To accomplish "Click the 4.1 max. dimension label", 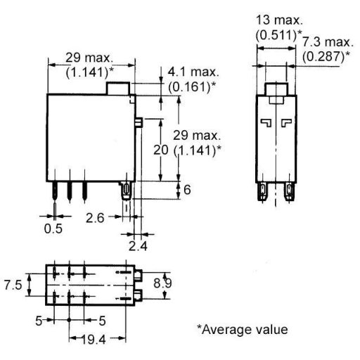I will point(194,72).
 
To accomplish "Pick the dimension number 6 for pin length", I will point(187,190).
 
